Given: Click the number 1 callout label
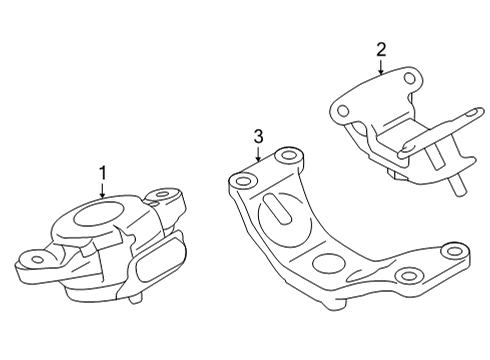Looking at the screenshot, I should tap(102, 174).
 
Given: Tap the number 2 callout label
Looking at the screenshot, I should tap(380, 48).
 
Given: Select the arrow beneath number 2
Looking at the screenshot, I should tap(380, 67).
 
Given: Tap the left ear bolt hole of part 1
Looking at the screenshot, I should tap(37, 259).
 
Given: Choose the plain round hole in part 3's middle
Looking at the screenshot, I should tap(328, 266).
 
